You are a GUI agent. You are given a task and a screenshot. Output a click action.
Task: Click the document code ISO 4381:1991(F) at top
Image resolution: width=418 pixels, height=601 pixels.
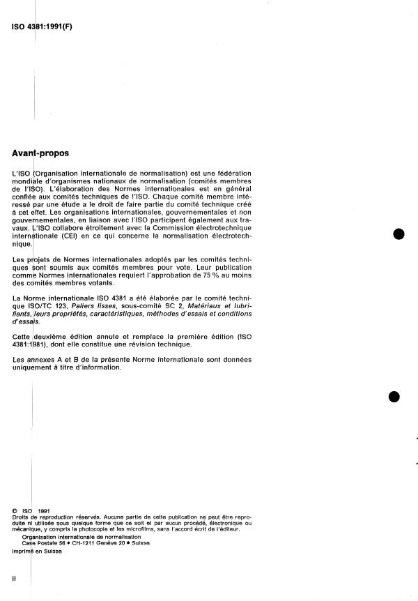coord(43,28)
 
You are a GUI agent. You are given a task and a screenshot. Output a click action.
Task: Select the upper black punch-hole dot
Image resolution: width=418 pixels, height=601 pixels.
coord(399,234)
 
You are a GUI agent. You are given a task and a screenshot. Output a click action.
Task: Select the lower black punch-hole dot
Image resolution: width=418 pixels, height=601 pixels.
coord(394,396)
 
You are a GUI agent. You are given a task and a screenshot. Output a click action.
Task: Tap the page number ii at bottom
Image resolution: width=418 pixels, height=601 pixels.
coord(15,577)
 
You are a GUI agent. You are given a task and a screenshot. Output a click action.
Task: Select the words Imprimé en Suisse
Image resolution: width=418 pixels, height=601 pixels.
coord(36,551)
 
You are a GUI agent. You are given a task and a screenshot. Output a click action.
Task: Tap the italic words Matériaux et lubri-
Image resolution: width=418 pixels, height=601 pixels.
coord(219,307)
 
